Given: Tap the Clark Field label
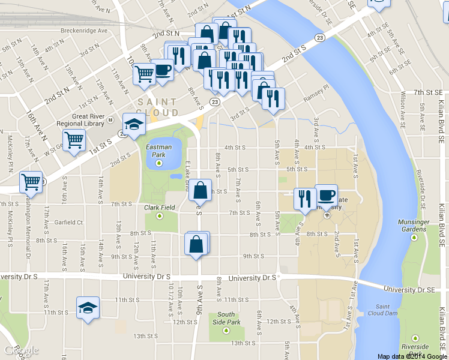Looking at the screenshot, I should coord(159,208).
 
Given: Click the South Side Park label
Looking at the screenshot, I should coord(226,318).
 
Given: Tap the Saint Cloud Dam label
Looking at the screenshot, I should coord(382,309).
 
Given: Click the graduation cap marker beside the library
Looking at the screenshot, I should coord(134,124).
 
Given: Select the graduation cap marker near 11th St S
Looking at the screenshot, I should coord(88,308).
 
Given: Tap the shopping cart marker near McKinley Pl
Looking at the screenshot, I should coord(31,181).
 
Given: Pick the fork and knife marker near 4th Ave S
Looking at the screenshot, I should coord(305,198).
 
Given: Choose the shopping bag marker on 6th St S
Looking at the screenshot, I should coord(200,190).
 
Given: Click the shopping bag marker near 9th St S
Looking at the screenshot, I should coord(196,244).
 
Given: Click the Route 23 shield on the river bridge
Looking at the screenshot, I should coord(321,38).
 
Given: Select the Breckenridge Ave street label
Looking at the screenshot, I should coord(84,31).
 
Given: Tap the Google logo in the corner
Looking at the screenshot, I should coord(20,350).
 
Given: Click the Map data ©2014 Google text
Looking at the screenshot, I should coord(412,356).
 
